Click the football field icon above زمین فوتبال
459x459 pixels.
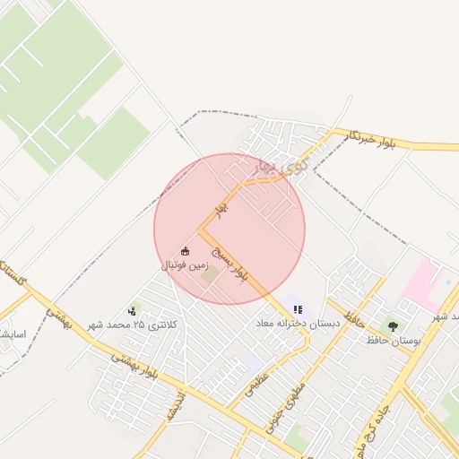(186, 251)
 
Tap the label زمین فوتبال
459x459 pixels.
(186, 265)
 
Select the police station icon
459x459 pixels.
(134, 310)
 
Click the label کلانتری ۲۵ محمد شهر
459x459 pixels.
(133, 324)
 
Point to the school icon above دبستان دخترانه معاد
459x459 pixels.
(298, 309)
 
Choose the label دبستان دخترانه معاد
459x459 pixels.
(298, 323)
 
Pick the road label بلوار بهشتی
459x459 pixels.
(134, 366)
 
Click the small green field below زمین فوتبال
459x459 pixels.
(209, 275)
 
